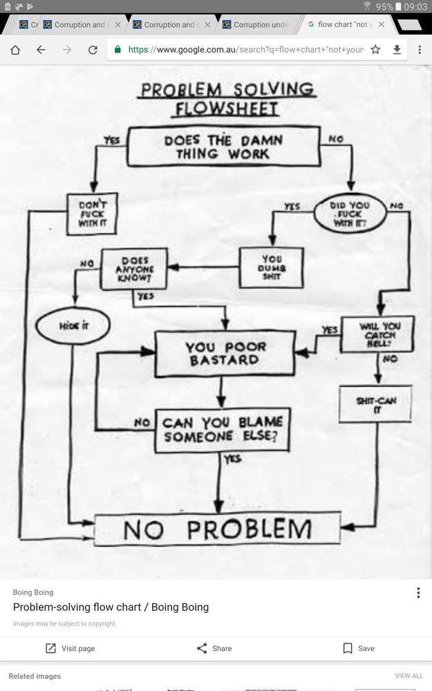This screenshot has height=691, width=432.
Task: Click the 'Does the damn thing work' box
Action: click(x=224, y=146)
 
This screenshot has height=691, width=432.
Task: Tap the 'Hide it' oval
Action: click(x=74, y=325)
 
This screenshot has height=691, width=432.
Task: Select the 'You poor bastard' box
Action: click(x=225, y=353)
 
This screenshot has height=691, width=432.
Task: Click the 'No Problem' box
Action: click(x=217, y=529)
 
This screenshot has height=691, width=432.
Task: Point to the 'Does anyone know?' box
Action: click(x=134, y=269)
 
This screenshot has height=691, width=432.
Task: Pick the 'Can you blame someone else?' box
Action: click(x=223, y=430)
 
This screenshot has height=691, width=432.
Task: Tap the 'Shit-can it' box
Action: click(x=375, y=404)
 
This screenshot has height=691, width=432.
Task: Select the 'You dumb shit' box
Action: click(x=271, y=267)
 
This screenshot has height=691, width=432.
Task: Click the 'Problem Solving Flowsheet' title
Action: click(x=227, y=99)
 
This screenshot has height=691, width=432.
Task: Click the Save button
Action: click(x=358, y=648)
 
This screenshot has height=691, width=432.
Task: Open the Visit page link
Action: click(x=70, y=648)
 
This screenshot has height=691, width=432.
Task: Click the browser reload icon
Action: click(x=93, y=50)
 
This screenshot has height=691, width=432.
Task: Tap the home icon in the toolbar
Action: click(x=15, y=50)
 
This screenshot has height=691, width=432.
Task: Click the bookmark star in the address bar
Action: click(x=375, y=50)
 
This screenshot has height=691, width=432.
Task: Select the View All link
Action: click(x=408, y=676)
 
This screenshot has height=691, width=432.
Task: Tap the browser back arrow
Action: click(x=41, y=50)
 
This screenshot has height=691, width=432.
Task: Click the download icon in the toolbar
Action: click(x=397, y=50)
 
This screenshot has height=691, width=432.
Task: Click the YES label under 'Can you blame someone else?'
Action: click(x=232, y=459)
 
